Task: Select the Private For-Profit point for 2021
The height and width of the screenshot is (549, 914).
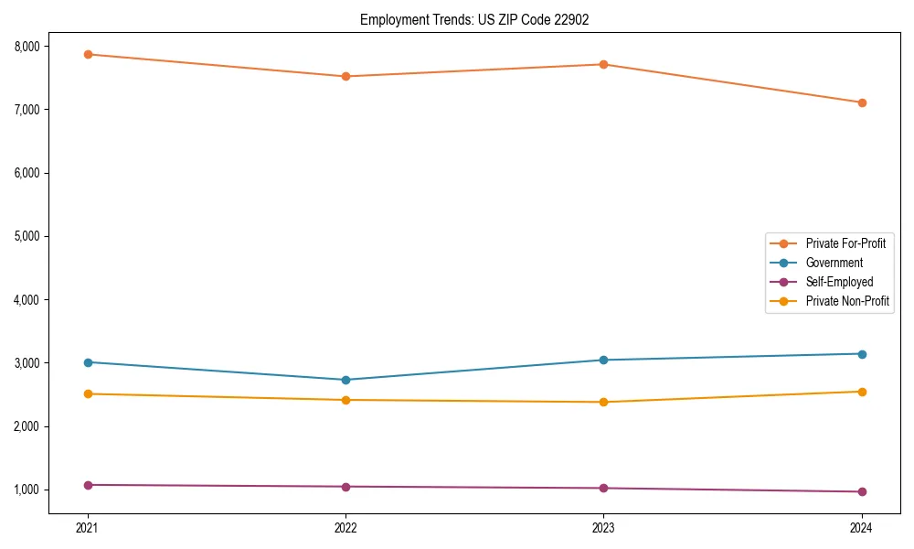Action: (x=88, y=54)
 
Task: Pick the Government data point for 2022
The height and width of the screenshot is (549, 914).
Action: (x=345, y=380)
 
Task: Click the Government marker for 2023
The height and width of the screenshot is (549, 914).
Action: (x=603, y=360)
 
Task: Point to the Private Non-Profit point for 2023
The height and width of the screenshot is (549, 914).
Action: (x=603, y=402)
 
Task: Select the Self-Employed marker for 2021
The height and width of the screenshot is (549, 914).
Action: (x=88, y=485)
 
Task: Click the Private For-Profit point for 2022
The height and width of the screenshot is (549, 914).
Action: (x=345, y=76)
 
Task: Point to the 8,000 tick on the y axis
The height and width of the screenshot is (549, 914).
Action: (x=25, y=47)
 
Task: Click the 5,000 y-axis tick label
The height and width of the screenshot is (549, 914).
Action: (x=25, y=236)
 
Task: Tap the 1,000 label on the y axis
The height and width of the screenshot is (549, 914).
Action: (x=25, y=490)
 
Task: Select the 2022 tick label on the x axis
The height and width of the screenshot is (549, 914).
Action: (x=345, y=527)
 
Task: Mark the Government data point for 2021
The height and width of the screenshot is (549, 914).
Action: (x=88, y=362)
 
